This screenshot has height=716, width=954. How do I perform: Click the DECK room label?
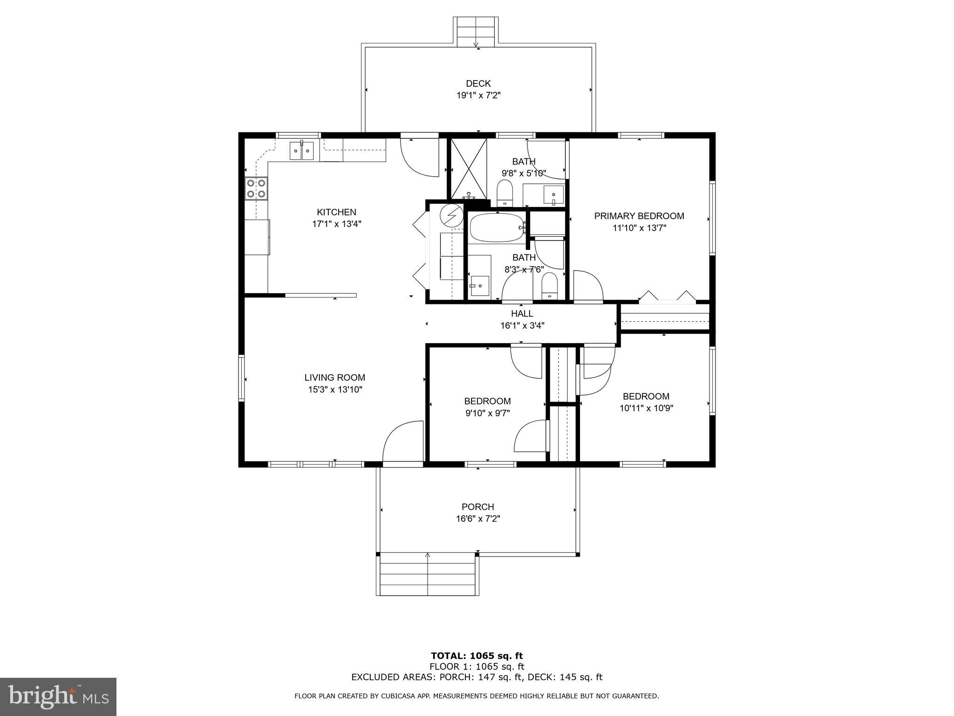[478, 83]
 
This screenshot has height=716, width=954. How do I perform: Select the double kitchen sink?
[302, 151]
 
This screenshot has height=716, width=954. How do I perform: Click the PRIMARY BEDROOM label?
[639, 216]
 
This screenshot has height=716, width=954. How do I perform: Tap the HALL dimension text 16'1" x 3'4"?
[522, 325]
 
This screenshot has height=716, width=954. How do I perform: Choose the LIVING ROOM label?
[335, 378]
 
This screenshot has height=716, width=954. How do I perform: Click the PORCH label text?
[478, 507]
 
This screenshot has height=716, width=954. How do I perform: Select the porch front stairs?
[428, 574]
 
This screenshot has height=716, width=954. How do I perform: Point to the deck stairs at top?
[476, 32]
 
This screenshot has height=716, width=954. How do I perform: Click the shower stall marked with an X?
[469, 168]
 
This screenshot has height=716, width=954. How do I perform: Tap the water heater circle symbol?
[452, 215]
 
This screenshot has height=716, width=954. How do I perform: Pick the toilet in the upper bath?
[504, 193]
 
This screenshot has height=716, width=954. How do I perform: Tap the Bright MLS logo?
[58, 696]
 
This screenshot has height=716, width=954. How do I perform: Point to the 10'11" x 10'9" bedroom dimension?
[646, 408]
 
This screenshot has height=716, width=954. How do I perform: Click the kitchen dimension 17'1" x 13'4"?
[336, 224]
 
